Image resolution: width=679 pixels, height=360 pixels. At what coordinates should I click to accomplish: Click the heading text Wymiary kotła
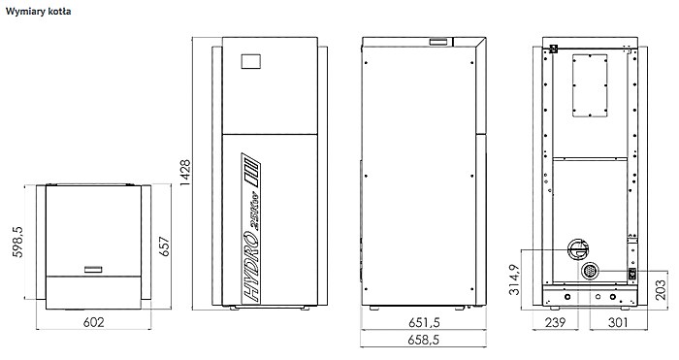(38, 12)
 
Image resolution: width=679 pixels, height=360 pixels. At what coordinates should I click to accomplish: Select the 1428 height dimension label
(185, 173)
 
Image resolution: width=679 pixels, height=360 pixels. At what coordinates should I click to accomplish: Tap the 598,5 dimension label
(17, 242)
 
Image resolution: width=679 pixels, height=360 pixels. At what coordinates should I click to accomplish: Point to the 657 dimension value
(165, 246)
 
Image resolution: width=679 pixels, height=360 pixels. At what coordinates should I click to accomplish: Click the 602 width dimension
(93, 322)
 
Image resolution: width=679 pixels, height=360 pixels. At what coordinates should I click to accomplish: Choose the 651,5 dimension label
(424, 322)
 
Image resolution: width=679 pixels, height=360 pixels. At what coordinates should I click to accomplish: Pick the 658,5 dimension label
(424, 340)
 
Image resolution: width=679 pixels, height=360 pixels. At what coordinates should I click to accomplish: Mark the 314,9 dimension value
(514, 279)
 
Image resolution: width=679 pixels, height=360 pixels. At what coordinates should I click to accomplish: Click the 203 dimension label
(661, 290)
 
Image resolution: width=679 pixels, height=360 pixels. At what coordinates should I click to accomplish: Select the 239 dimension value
(555, 322)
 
